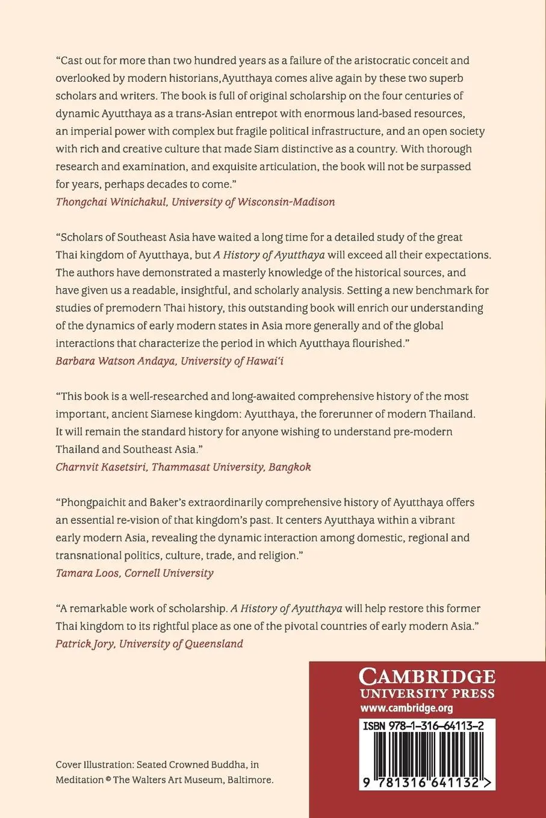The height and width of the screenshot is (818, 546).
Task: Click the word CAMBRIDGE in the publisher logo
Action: [427, 677]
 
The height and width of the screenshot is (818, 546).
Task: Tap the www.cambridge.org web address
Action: [407, 708]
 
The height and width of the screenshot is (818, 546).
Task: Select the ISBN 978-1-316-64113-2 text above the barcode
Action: [423, 727]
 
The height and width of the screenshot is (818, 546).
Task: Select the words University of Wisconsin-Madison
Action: [253, 201]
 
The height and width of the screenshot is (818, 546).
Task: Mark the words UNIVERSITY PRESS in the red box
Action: [427, 693]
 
